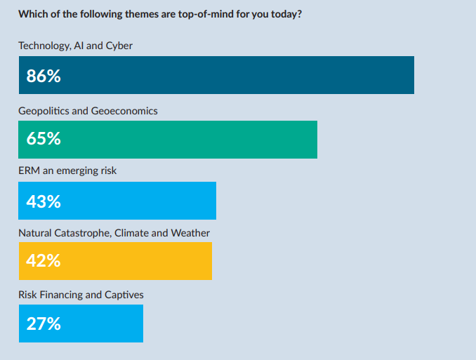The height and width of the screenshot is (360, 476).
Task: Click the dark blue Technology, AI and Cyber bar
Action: click(x=216, y=75)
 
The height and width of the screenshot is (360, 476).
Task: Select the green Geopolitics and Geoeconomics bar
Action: click(x=168, y=140)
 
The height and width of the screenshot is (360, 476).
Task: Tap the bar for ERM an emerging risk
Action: click(x=117, y=201)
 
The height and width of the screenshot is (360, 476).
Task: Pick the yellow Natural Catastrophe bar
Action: click(x=115, y=261)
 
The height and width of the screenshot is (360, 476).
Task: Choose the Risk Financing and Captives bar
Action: click(x=81, y=324)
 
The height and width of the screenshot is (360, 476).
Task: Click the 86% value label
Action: click(x=44, y=76)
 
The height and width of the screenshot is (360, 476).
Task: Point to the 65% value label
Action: click(x=44, y=138)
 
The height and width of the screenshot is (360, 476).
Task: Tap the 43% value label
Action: click(x=44, y=201)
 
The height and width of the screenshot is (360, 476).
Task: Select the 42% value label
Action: click(x=44, y=260)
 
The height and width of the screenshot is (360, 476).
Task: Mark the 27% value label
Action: click(x=44, y=324)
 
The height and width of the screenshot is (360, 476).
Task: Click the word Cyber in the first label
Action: click(x=119, y=46)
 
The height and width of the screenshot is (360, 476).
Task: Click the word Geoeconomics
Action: click(x=124, y=111)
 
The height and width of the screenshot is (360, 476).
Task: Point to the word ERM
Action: click(x=29, y=171)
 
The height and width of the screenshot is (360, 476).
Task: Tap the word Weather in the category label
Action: click(x=190, y=233)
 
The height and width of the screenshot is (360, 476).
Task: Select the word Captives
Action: click(x=124, y=295)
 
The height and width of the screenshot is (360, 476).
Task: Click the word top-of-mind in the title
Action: click(x=206, y=15)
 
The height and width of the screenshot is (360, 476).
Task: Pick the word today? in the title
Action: click(x=286, y=15)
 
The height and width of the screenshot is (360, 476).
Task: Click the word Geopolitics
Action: click(x=44, y=111)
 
